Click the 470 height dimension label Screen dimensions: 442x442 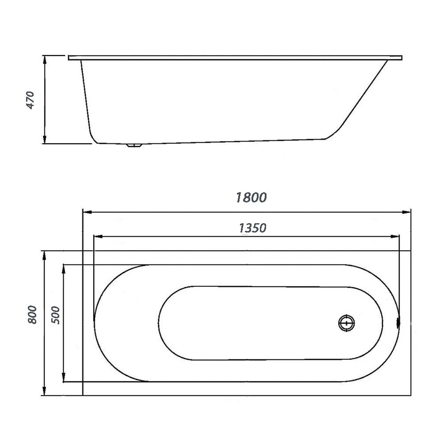click(x=30, y=100)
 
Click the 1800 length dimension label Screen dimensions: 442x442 click(x=251, y=198)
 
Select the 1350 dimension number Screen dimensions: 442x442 click(x=252, y=228)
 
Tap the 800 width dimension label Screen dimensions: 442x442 click(x=32, y=315)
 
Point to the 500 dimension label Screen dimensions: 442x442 click(x=56, y=315)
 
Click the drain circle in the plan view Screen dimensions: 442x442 click(x=347, y=323)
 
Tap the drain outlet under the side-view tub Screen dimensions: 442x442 click(x=134, y=145)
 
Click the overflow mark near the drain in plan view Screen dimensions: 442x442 click(x=398, y=323)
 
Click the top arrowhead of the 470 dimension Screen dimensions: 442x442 click(x=44, y=60)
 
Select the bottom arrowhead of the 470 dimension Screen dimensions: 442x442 click(x=44, y=139)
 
